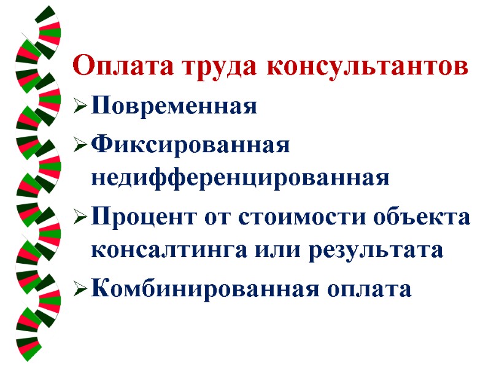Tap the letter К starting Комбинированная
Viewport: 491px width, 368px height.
[x=99, y=288]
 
